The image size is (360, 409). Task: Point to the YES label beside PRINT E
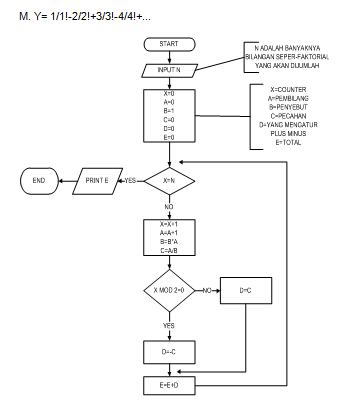tap(129, 181)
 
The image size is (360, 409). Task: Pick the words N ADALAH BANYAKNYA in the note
tap(293, 47)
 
